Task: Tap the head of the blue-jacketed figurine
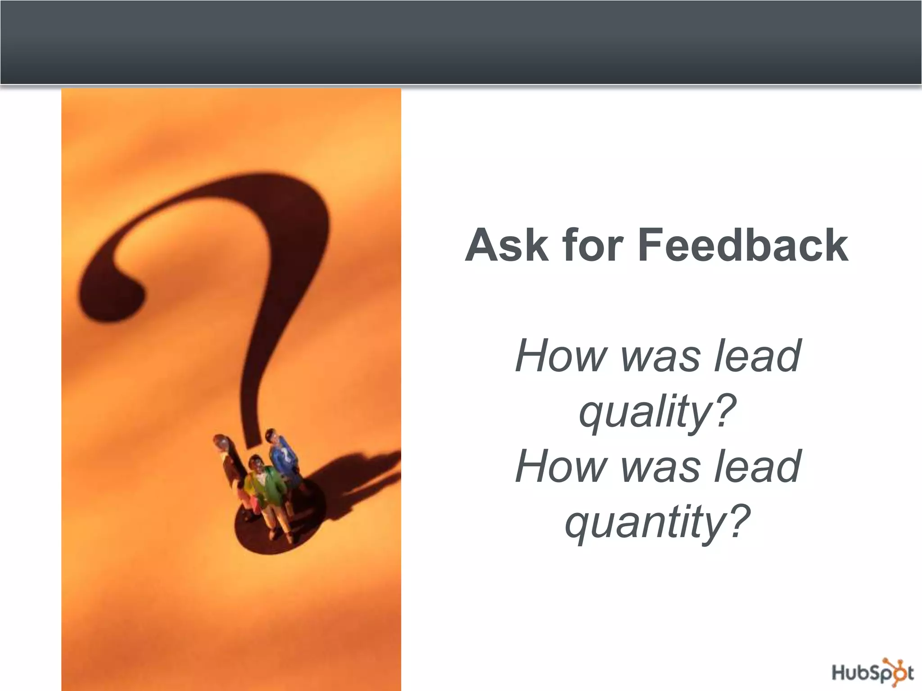tap(272, 436)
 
